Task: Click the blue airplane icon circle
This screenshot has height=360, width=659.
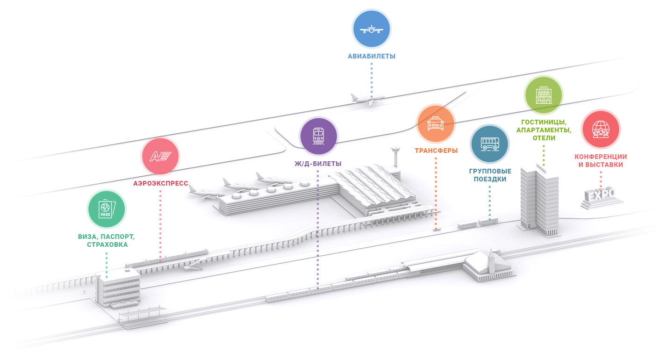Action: [372, 29]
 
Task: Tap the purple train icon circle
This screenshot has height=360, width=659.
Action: [319, 136]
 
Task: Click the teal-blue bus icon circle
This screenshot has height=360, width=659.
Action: [489, 144]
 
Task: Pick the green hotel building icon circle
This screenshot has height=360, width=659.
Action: [544, 94]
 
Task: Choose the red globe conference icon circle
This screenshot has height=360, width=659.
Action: [601, 130]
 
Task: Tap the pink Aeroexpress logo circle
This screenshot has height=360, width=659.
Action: [160, 157]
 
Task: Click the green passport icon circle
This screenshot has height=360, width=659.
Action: [107, 209]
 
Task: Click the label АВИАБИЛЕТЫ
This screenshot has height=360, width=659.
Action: [372, 57]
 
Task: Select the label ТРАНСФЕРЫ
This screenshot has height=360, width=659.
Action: [436, 151]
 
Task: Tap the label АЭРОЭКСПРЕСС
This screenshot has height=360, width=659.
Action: [161, 184]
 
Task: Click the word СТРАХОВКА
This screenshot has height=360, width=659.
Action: [107, 245]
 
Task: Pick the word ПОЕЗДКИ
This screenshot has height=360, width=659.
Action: [490, 179]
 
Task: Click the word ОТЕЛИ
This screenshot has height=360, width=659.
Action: [544, 138]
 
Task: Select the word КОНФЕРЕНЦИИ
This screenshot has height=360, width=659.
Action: [601, 157]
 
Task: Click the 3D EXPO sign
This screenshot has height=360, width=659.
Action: [602, 196]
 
